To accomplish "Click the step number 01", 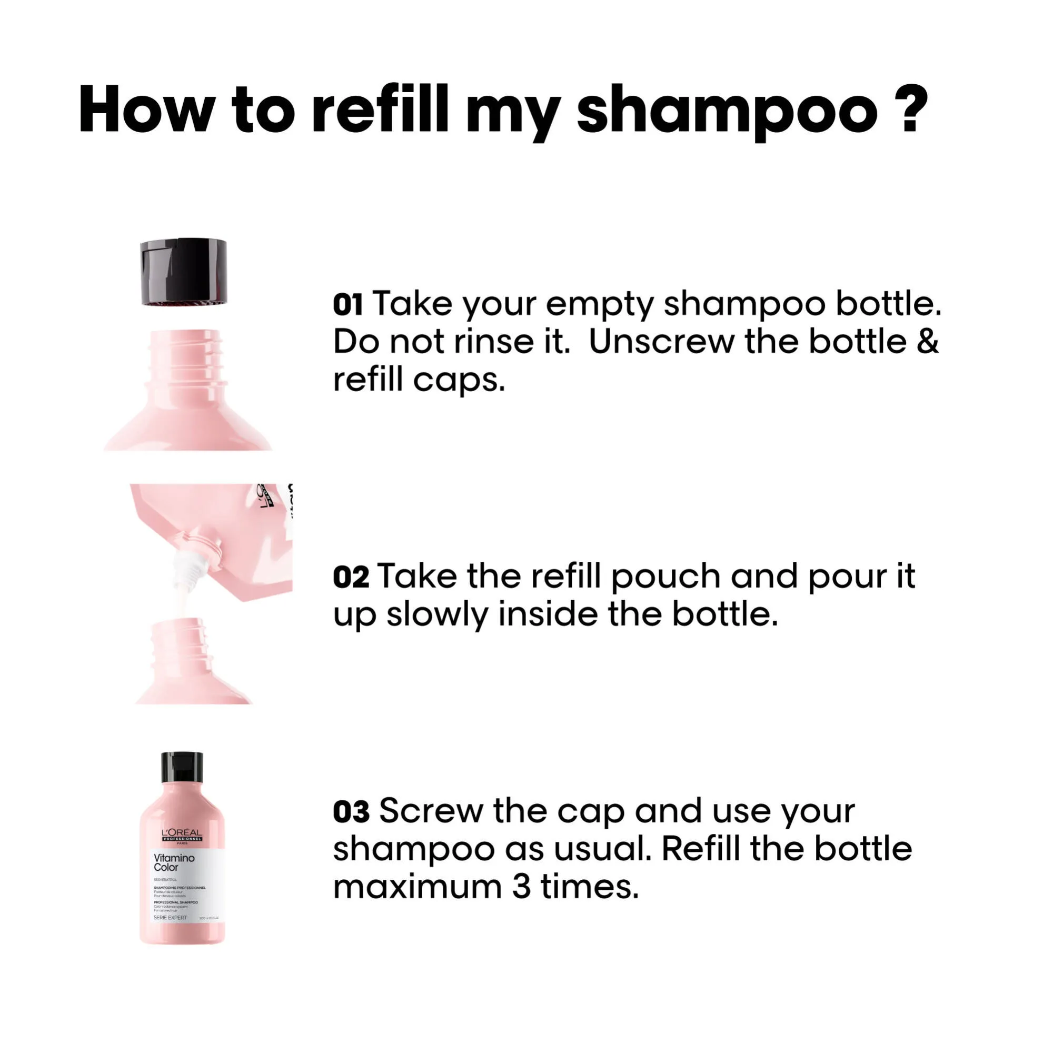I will coord(347,305).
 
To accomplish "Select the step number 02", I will coord(351,577).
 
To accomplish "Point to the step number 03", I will coord(351,811).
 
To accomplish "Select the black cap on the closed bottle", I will coord(182,768).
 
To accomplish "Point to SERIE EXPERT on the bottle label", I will coord(170,918).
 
